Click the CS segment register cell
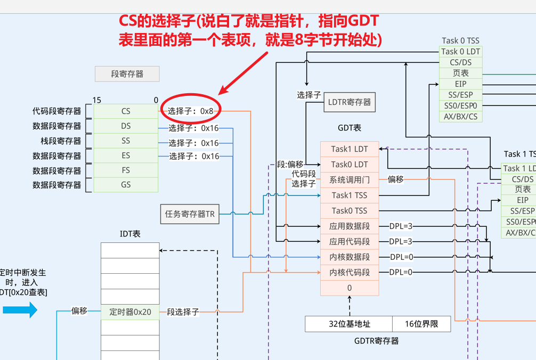(x=126, y=111)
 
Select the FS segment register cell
(x=126, y=170)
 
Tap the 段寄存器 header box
(x=127, y=74)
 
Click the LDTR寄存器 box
(x=350, y=102)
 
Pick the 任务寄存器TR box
(x=190, y=214)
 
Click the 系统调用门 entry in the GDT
(x=350, y=180)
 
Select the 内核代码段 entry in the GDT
(x=350, y=273)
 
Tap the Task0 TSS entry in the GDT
(x=350, y=211)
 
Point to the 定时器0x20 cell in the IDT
(x=130, y=312)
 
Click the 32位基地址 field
(x=349, y=324)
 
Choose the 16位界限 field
(x=421, y=324)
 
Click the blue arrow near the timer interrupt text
(x=20, y=309)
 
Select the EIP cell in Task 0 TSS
(x=460, y=84)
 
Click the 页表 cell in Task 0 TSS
(x=460, y=73)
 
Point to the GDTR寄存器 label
(x=376, y=341)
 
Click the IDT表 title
(x=130, y=234)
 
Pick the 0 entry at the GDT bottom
(x=350, y=288)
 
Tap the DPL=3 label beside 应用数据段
(x=401, y=226)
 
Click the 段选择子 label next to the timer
(x=183, y=312)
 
